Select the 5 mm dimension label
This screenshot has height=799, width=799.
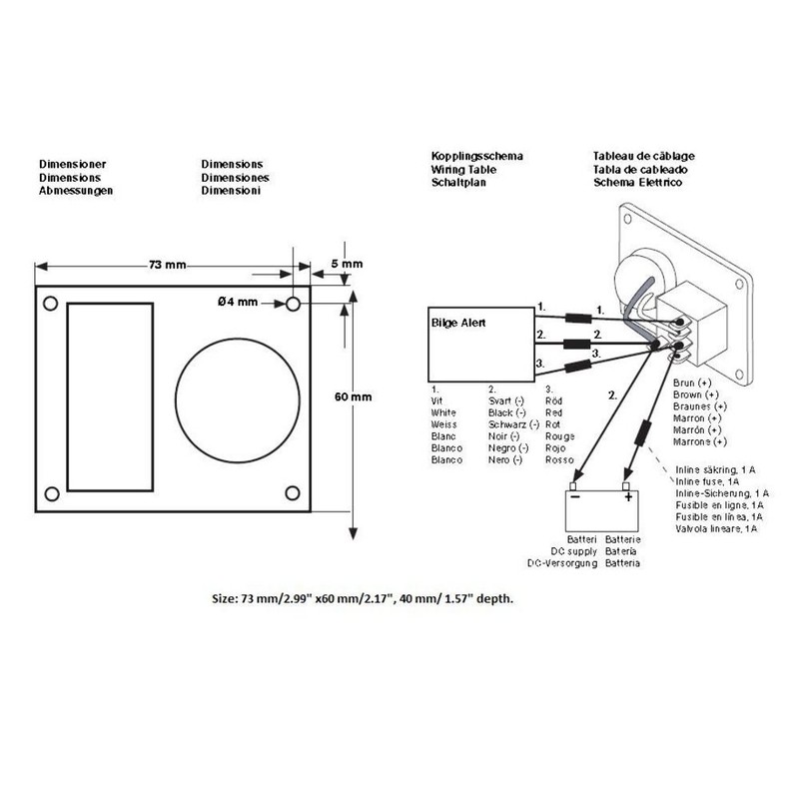[346, 264]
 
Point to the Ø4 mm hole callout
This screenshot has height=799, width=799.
[237, 302]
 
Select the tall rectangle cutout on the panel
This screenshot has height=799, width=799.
[110, 397]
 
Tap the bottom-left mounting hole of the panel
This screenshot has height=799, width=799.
[48, 492]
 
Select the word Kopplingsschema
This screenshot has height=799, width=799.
[477, 158]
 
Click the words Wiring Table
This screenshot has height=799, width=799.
[464, 171]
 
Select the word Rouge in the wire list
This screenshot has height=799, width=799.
[561, 436]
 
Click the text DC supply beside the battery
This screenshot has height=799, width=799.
[574, 551]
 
